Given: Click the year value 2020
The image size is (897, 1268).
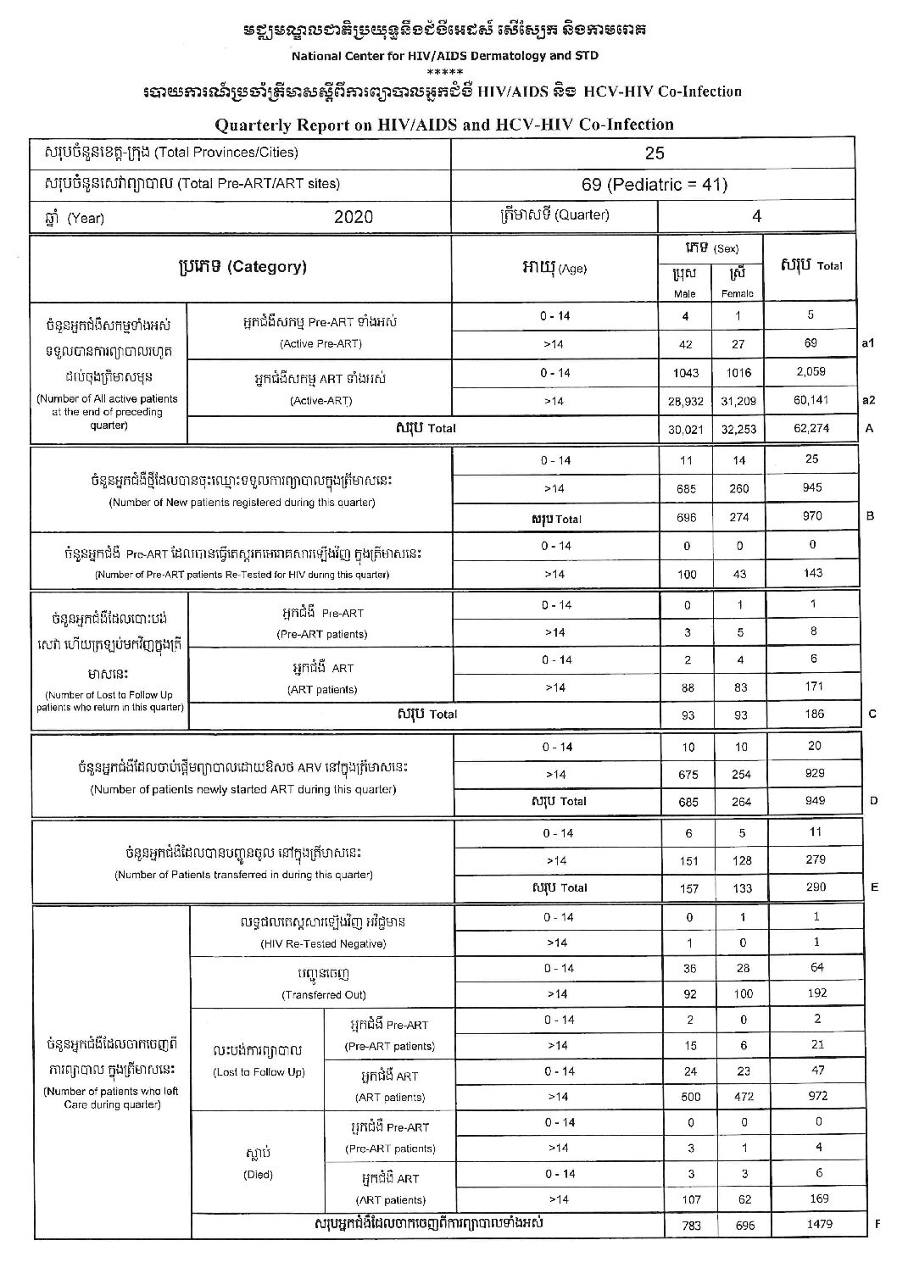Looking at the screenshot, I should point(353,217).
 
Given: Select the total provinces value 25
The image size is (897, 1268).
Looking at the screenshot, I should point(654,153).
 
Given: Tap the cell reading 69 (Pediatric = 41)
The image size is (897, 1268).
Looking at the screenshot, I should point(654,185).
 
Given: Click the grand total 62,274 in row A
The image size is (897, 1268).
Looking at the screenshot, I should point(811,428).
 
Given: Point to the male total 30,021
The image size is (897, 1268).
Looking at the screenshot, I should point(686,429).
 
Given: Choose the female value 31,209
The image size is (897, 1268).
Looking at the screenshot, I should point(738,401).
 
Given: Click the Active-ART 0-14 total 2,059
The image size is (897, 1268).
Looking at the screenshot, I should point(811,372).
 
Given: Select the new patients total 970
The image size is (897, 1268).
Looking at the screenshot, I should point(811,515).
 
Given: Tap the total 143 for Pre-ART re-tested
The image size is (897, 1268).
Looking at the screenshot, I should point(812,573).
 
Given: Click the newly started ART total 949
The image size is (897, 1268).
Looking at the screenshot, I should point(812,800).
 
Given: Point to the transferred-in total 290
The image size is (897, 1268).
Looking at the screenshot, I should point(813,887).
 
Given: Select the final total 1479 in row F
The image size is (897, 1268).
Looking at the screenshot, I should point(816,1224).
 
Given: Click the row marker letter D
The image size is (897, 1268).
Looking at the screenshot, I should point(873,800).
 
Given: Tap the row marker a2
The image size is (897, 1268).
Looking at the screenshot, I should point(867,400).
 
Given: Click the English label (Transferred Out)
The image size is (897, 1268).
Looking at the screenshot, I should point(323,994).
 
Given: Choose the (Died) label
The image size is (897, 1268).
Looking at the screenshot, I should point(259,1175).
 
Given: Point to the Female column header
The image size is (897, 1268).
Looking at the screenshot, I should point(738,293).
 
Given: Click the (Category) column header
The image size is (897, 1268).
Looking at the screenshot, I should point(242,267).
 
